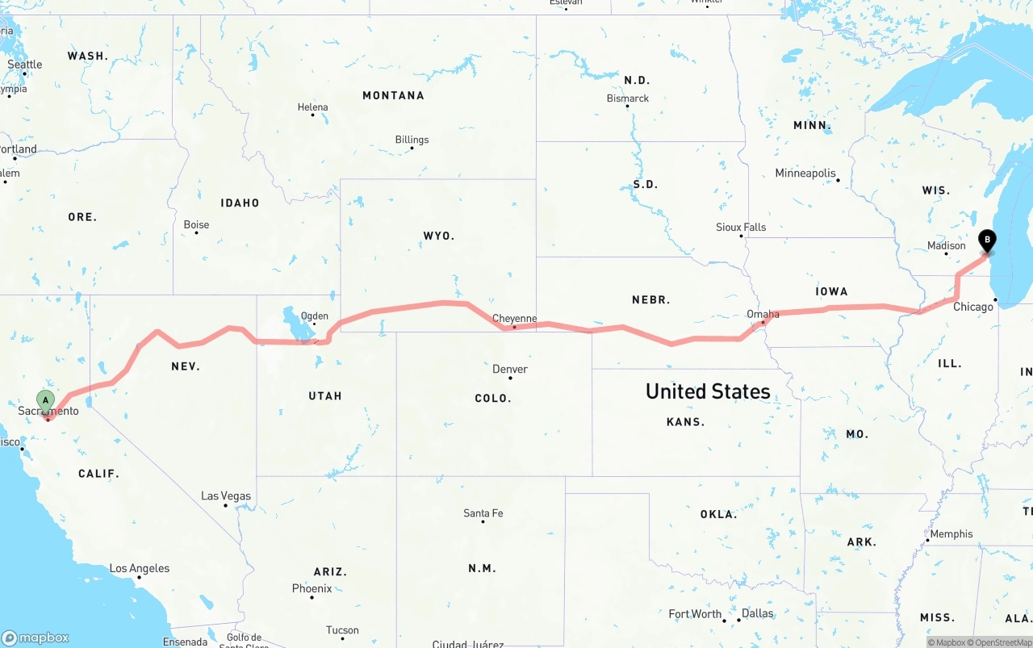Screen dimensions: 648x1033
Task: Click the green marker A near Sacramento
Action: coord(46,399)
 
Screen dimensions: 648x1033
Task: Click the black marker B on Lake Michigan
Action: coord(987,240)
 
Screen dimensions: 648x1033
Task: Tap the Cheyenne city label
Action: coord(515,319)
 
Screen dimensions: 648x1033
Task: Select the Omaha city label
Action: coord(763,314)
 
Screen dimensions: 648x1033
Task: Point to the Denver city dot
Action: coord(510,378)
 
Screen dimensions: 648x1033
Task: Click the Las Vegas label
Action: coord(226,495)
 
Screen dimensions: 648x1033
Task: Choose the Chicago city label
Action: coord(973,307)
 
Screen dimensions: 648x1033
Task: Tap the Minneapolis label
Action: coord(805,173)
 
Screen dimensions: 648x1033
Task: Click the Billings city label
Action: coord(412,140)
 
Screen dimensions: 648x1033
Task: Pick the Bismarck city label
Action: coord(628,98)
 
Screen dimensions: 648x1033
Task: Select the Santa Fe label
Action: coord(483,513)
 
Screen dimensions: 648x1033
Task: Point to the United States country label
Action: coord(708,391)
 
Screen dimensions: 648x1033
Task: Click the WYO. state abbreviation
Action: coord(439,236)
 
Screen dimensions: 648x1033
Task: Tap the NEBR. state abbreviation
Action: coord(651,299)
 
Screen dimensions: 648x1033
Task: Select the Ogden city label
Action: coord(314,316)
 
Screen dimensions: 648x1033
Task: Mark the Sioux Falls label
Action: coord(741,227)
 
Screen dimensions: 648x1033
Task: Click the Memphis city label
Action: coord(951,533)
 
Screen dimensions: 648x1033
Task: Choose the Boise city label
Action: coord(196,224)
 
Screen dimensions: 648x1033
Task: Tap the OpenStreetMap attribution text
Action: coord(1002,642)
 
